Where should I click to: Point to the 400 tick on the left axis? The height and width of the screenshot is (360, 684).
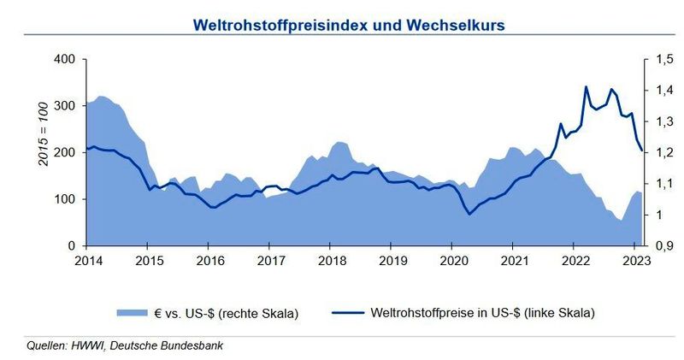coord(64,60)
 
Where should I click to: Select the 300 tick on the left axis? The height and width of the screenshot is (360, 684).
coord(64,106)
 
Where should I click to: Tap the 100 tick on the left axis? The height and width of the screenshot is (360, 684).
coord(64,199)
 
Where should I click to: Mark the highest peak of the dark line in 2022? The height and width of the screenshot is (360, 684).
coord(586,86)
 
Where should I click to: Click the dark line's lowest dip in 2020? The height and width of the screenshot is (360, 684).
coord(469,214)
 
